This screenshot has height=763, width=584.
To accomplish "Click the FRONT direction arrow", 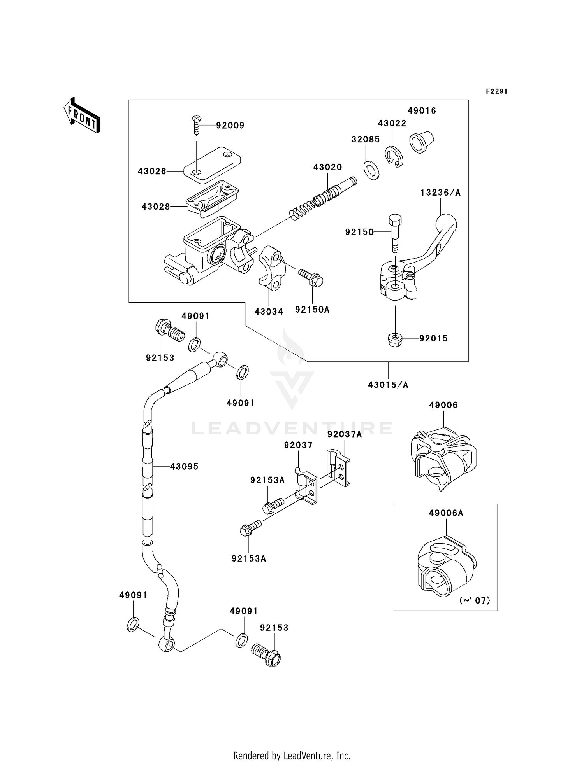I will click(x=82, y=115).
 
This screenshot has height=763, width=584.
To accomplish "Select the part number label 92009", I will click(x=230, y=126).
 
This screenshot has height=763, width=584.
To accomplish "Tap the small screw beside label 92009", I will click(x=197, y=125).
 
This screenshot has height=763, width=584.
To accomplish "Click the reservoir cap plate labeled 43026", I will click(x=212, y=164).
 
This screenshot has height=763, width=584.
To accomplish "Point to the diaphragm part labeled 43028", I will click(x=212, y=199).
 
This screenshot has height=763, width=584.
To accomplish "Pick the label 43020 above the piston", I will click(x=327, y=167).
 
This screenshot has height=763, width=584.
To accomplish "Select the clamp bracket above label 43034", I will click(x=272, y=268).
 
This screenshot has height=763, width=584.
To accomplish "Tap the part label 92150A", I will click(x=312, y=310).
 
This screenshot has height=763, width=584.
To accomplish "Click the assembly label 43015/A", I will click(x=388, y=385).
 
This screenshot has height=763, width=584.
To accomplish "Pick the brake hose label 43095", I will click(x=184, y=466).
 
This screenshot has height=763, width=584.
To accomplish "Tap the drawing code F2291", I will click(x=496, y=91).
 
